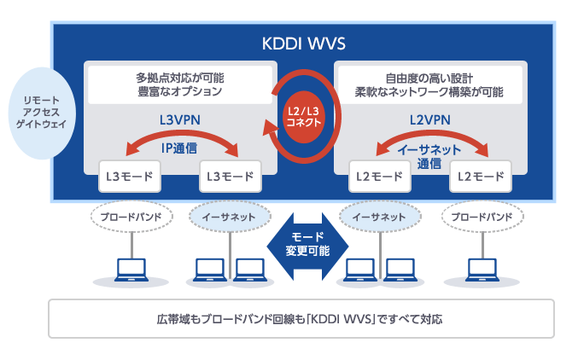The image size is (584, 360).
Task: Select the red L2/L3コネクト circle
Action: [x=304, y=116]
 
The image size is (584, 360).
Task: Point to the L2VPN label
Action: [x=429, y=120]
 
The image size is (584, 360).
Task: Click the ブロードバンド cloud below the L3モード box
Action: [x=128, y=218]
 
